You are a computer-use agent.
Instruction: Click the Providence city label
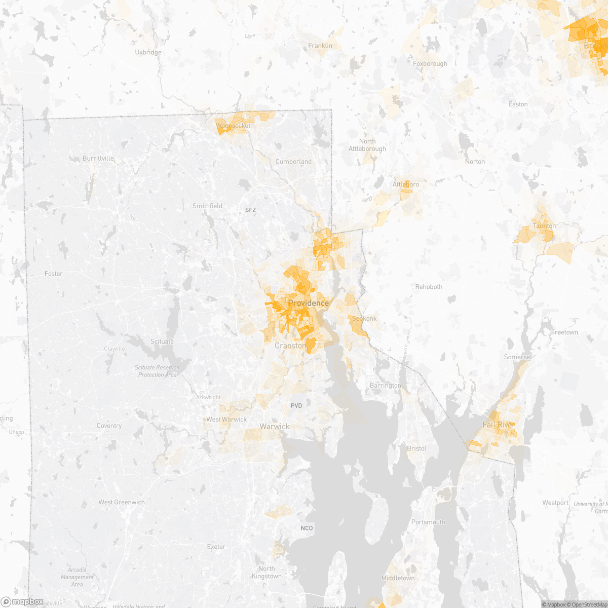pyautogui.click(x=308, y=303)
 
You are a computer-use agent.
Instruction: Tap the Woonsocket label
pyautogui.click(x=233, y=126)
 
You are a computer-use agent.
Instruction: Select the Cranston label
pyautogui.click(x=290, y=346)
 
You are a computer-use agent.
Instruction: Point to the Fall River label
pyautogui.click(x=499, y=425)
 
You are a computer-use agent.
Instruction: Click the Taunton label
pyautogui.click(x=544, y=226)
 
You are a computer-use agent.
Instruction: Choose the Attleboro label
pyautogui.click(x=406, y=184)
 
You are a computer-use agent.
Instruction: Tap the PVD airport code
pyautogui.click(x=296, y=406)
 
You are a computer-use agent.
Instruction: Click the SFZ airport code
pyautogui.click(x=251, y=210)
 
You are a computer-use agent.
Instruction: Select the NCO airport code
pyautogui.click(x=307, y=528)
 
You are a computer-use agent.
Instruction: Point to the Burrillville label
pyautogui.click(x=98, y=159)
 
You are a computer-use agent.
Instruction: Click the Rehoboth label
pyautogui.click(x=429, y=287)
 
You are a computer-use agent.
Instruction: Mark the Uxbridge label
pyautogui.click(x=148, y=52)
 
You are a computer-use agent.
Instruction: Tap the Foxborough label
pyautogui.click(x=430, y=64)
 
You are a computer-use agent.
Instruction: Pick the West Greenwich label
pyautogui.click(x=122, y=502)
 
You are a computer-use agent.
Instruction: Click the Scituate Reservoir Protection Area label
pyautogui.click(x=158, y=371)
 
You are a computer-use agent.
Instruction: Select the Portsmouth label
pyautogui.click(x=428, y=522)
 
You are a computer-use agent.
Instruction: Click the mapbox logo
pyautogui.click(x=23, y=601)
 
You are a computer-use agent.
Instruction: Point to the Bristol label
pyautogui.click(x=416, y=448)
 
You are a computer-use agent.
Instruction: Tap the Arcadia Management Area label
pyautogui.click(x=78, y=577)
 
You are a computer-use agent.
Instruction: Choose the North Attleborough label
pyautogui.click(x=367, y=145)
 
